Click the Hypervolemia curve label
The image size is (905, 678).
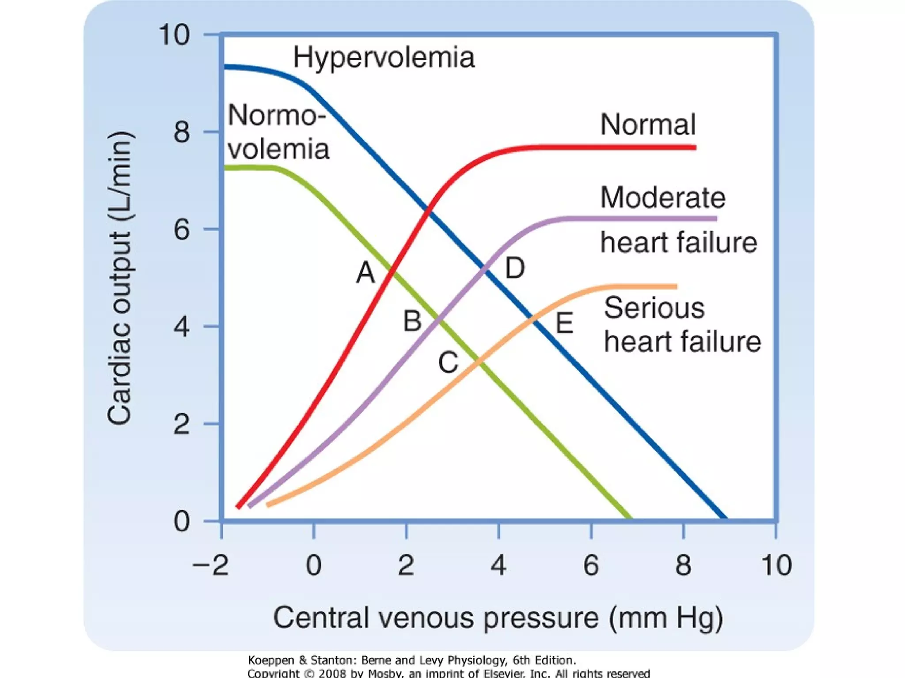pos(384,57)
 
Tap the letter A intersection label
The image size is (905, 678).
pos(365,272)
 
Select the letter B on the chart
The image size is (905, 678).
pos(412,321)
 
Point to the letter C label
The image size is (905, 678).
pos(448,363)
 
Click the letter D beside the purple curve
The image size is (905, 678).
pos(515,268)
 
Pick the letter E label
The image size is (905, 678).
pos(564,323)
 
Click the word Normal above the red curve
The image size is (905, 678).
pos(648,124)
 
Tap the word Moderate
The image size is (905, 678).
pos(663,197)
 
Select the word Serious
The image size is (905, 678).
pos(654,308)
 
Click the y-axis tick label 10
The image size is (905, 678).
pos(174,34)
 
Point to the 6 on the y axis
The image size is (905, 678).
pos(182,230)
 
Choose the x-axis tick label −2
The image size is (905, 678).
pos(211,565)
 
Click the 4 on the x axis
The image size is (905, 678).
pos(498,565)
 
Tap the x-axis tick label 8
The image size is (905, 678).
pos(683,565)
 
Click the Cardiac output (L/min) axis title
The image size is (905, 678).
pos(119,278)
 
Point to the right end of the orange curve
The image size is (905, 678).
pos(675,287)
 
